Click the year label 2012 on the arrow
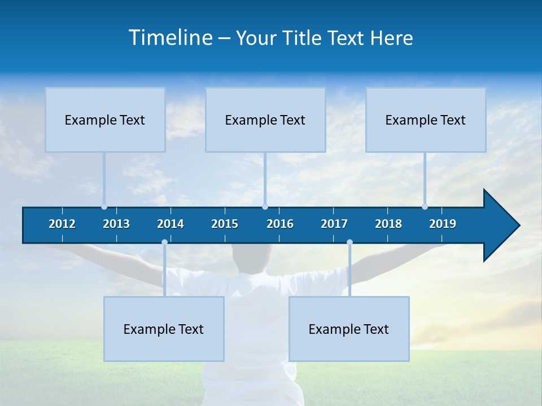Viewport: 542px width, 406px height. pos(62,224)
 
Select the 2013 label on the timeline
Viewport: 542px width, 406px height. pos(116,224)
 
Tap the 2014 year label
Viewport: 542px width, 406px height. pos(171,224)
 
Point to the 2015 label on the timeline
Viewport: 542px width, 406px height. pos(225,224)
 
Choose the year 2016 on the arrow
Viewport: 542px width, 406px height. pos(280,224)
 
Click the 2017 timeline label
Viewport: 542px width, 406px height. pos(334,224)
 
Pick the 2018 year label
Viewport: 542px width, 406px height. pos(388,224)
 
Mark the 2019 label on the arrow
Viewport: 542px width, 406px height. pos(443,224)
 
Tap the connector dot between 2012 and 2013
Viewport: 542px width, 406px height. pos(104,207)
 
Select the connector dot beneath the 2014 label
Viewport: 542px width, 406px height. pos(164,242)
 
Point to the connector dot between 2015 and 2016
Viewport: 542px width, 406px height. pos(265,207)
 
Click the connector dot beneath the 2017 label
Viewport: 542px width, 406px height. pos(349,242)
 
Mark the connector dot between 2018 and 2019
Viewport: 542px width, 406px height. pos(425,207)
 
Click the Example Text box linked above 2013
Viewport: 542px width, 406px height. pos(105,120)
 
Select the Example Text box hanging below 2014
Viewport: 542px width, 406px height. pos(164,329)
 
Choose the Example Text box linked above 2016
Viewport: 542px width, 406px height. pos(265,120)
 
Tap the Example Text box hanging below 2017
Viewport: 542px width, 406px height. pos(349,329)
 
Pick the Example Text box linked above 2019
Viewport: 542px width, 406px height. pos(426,120)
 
